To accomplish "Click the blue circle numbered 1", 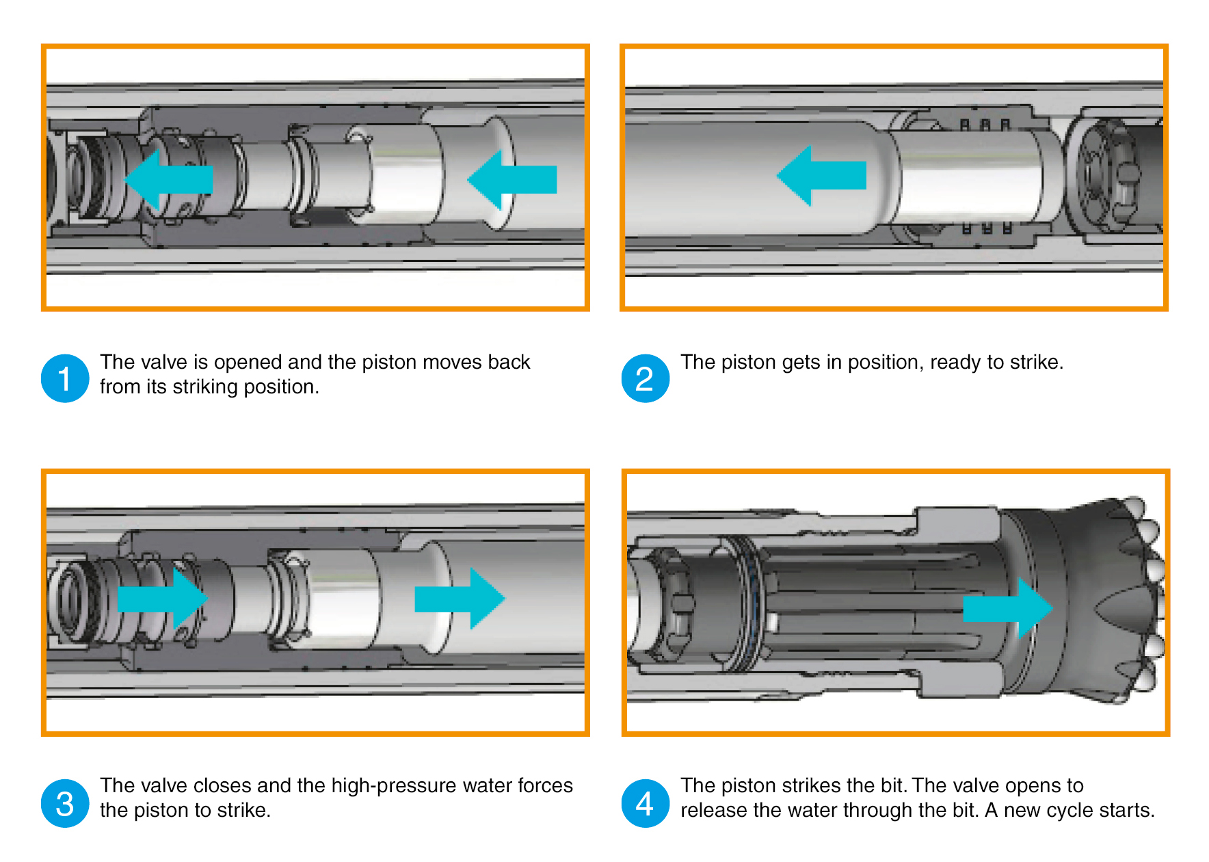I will click(65, 378).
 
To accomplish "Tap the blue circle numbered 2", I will click(645, 378).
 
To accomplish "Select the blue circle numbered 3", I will click(65, 803).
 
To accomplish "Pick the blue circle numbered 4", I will click(645, 803).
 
